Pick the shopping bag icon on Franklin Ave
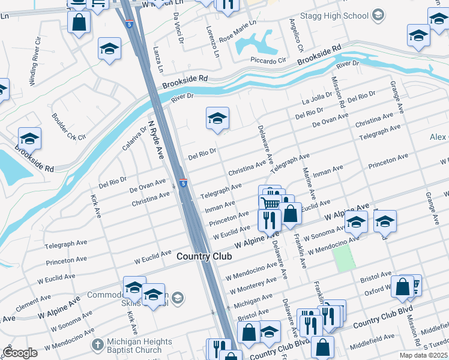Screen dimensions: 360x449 (291, 214)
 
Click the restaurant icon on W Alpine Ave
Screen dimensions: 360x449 (270, 220)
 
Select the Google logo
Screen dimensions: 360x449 (20, 353)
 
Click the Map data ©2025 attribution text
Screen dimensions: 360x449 (423, 355)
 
